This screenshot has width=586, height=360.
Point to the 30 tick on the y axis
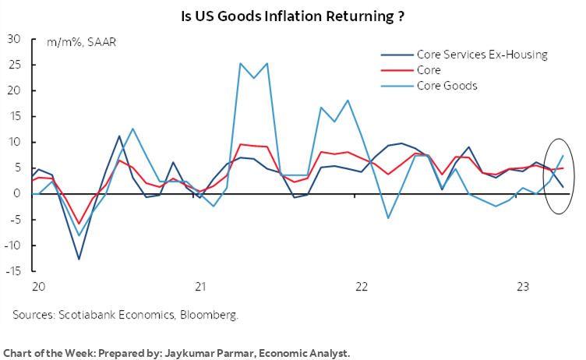[x=13, y=39]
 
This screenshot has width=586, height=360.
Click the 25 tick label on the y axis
[x=13, y=65]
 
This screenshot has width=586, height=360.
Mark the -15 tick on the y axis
[x=12, y=271]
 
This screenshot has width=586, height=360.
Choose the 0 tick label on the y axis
[x=16, y=194]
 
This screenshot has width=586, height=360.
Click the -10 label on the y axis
[x=12, y=245]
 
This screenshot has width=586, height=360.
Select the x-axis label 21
[x=200, y=287]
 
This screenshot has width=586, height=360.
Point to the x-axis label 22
[x=361, y=287]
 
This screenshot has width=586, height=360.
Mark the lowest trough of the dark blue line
[x=79, y=259]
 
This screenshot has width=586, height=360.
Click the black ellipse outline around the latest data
[x=574, y=175]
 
